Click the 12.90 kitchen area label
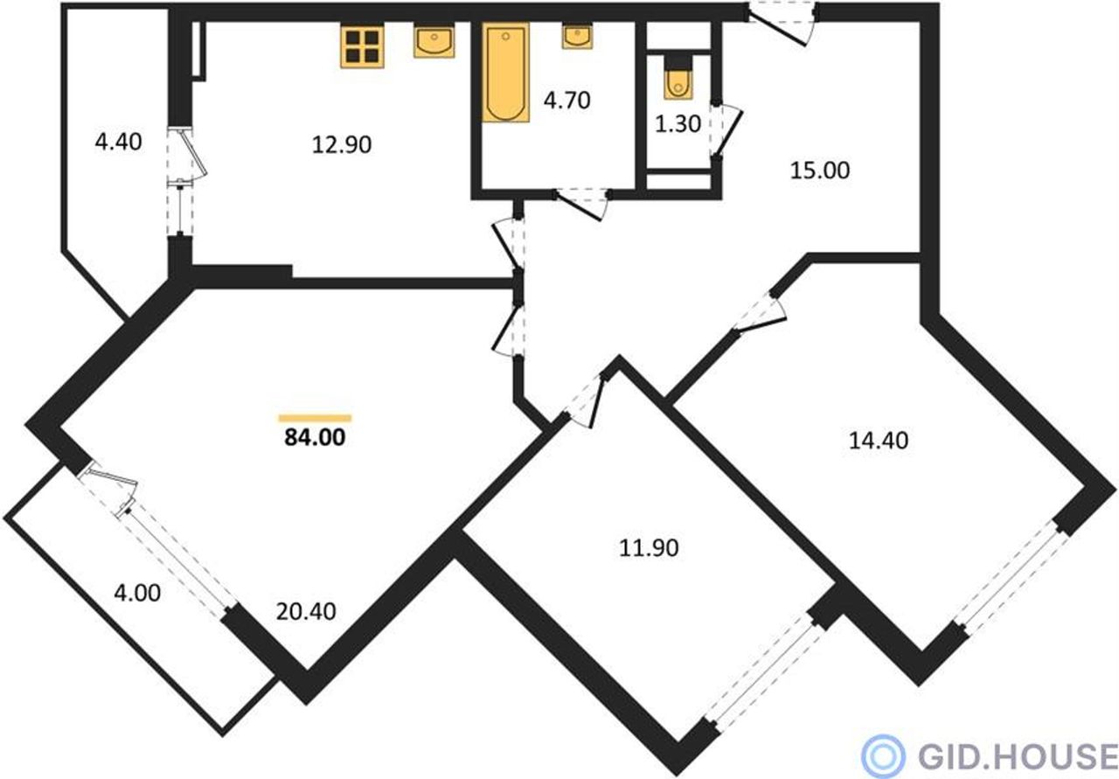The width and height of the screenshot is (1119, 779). [342, 145]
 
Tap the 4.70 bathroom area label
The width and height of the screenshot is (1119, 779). [567, 101]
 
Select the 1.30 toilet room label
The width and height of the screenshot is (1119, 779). [678, 124]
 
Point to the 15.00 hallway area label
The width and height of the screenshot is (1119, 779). [820, 170]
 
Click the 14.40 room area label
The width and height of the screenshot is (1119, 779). [879, 441]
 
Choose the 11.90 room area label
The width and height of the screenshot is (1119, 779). [649, 548]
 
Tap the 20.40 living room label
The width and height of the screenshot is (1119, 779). [306, 612]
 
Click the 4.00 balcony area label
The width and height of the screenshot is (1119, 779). [137, 593]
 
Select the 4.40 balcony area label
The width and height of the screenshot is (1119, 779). [118, 143]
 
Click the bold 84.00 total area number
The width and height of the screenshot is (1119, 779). [315, 438]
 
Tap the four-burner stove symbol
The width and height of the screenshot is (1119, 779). [362, 46]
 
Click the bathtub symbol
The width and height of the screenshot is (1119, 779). [505, 73]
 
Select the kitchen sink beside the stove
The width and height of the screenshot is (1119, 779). [434, 41]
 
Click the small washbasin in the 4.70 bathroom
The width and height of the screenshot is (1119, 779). [577, 36]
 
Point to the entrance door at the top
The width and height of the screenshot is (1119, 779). [782, 24]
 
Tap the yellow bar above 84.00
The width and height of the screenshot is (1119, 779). [316, 418]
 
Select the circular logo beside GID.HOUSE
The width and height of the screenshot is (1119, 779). [883, 755]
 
